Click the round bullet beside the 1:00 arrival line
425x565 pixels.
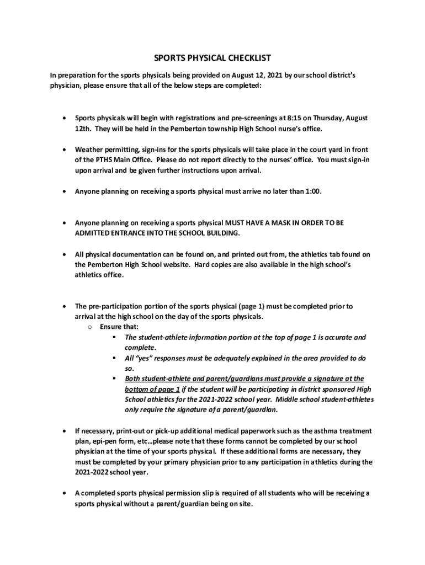tap(65, 191)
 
